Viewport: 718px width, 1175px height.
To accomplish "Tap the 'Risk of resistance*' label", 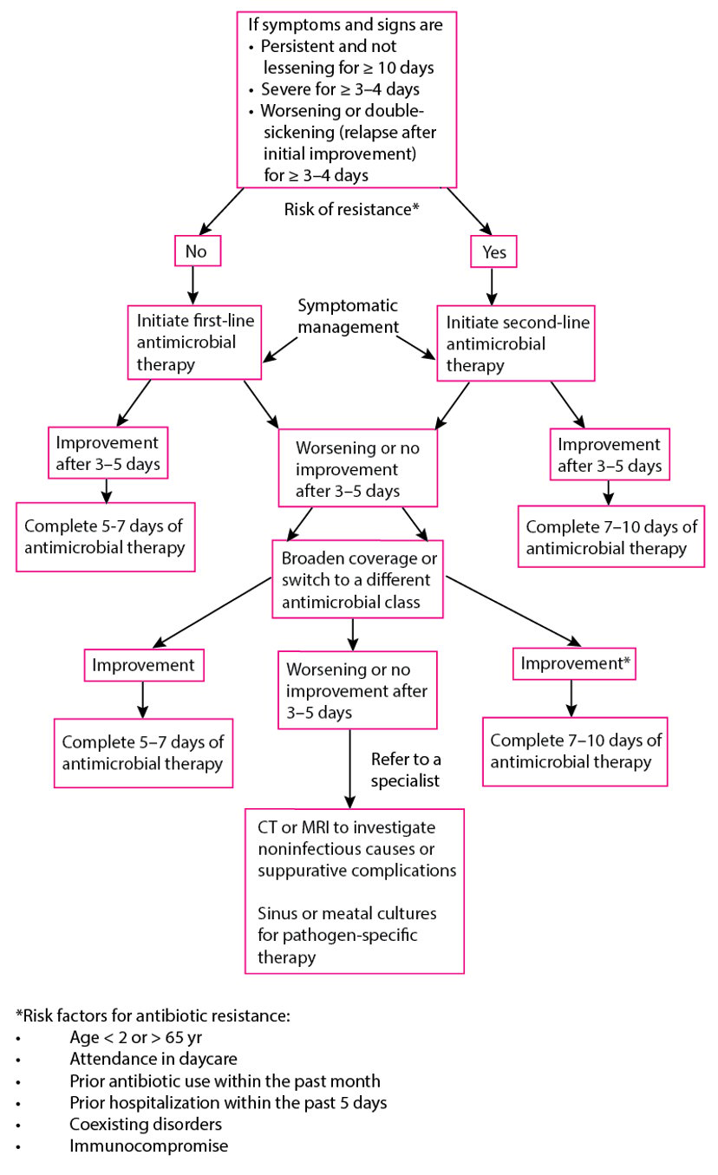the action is point(351,209).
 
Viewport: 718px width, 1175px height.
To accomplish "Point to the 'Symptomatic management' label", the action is point(349,316).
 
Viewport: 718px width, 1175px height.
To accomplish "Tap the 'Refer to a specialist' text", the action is point(406,769).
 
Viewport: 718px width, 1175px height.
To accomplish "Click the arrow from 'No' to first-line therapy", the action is point(193,285).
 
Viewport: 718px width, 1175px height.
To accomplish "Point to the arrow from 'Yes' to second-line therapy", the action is point(492,286).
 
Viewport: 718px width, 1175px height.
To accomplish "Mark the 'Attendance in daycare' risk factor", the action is point(153,1059).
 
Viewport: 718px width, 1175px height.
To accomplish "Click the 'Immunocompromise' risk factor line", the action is point(149,1146).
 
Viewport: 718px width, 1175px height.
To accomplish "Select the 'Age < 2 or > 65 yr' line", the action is point(136,1037).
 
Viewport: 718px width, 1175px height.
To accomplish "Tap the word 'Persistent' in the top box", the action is point(301,46).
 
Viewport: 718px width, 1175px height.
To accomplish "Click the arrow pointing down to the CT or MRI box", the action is point(349,768).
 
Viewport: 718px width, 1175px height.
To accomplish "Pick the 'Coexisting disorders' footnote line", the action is point(146,1124).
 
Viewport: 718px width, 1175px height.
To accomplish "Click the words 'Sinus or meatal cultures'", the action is point(347,913).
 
